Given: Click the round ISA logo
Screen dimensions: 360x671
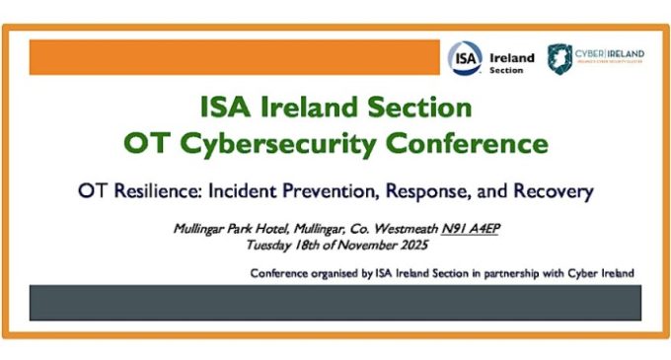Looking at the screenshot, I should point(466,57).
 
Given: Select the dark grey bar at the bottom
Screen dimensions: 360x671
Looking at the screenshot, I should point(335,303).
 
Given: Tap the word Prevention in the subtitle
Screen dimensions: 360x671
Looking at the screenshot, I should point(341,190).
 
